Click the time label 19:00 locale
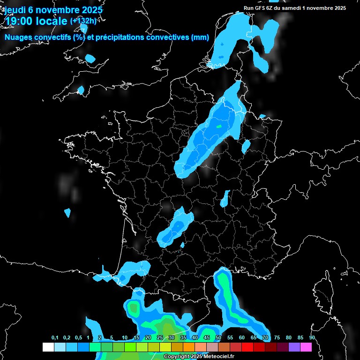click(37, 21)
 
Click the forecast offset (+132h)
click(83, 21)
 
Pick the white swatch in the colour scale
click(48, 347)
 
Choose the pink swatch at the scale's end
click(306, 347)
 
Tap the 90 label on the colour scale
click(312, 337)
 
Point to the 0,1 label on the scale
click(55, 337)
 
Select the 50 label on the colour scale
click(218, 337)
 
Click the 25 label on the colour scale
click(160, 337)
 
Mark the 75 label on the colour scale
click(277, 337)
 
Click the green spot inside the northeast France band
click(218, 126)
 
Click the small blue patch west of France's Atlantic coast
click(67, 213)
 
